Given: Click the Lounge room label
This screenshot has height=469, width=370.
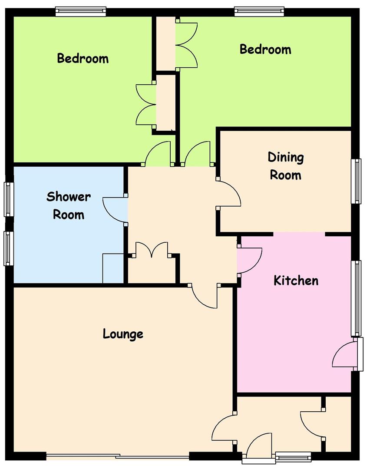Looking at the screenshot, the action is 123,334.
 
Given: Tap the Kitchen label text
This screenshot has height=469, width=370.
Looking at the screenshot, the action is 296,281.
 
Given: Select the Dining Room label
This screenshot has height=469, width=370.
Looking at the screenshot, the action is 285,166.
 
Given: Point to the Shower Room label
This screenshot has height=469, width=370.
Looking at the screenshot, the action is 69,205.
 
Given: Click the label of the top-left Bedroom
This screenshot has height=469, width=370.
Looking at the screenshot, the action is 83,58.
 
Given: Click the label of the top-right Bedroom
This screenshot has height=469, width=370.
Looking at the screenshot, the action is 265,50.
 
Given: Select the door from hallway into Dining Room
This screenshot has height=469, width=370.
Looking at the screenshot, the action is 229,193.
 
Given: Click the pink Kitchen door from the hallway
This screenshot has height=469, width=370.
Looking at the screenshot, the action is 249,260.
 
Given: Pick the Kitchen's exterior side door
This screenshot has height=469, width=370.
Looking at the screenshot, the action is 344,354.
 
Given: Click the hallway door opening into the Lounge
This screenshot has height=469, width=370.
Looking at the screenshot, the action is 205,297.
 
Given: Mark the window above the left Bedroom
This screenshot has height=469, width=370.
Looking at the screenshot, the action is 81,11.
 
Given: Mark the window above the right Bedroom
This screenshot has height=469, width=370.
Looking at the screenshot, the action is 259,11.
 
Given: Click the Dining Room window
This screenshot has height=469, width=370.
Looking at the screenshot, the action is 356,181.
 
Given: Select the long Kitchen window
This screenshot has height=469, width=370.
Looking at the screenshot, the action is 356,298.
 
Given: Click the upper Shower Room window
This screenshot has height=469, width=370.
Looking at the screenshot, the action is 9,199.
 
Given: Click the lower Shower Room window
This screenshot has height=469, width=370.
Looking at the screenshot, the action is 9,248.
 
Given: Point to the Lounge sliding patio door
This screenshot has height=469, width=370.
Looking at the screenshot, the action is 118,456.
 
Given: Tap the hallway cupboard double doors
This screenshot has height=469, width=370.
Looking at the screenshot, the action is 152,250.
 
